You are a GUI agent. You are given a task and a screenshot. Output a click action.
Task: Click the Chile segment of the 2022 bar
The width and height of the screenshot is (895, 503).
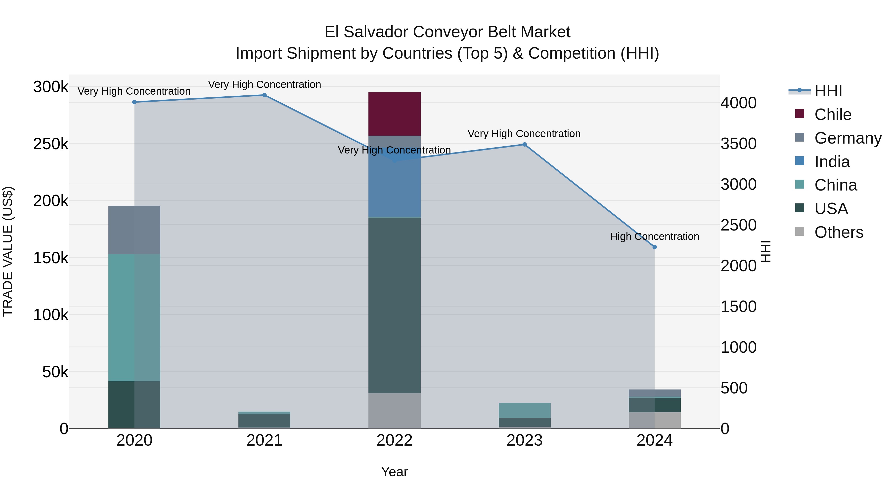[394, 114]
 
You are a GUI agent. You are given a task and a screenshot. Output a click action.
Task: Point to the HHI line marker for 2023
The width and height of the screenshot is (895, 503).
[524, 144]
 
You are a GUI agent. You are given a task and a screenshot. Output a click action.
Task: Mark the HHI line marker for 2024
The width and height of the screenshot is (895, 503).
[655, 247]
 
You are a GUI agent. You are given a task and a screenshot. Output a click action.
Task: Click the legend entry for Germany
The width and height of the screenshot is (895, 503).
[848, 138]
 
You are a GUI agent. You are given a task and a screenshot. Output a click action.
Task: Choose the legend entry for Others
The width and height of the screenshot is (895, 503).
[838, 232]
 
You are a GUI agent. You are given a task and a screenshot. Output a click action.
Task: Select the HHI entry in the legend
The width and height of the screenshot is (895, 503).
[828, 91]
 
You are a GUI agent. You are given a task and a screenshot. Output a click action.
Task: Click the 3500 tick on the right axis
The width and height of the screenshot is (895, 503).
[738, 144]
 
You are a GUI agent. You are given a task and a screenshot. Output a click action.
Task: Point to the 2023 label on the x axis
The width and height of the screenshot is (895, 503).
[524, 440]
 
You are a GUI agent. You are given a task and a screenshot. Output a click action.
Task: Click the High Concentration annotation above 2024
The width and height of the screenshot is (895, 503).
[655, 236]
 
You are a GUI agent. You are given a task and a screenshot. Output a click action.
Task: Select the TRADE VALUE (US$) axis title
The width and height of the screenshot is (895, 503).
[8, 251]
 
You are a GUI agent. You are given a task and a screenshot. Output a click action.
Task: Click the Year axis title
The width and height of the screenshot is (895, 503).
[394, 472]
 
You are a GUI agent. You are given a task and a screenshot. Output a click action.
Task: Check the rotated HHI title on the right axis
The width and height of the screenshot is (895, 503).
[766, 251]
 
